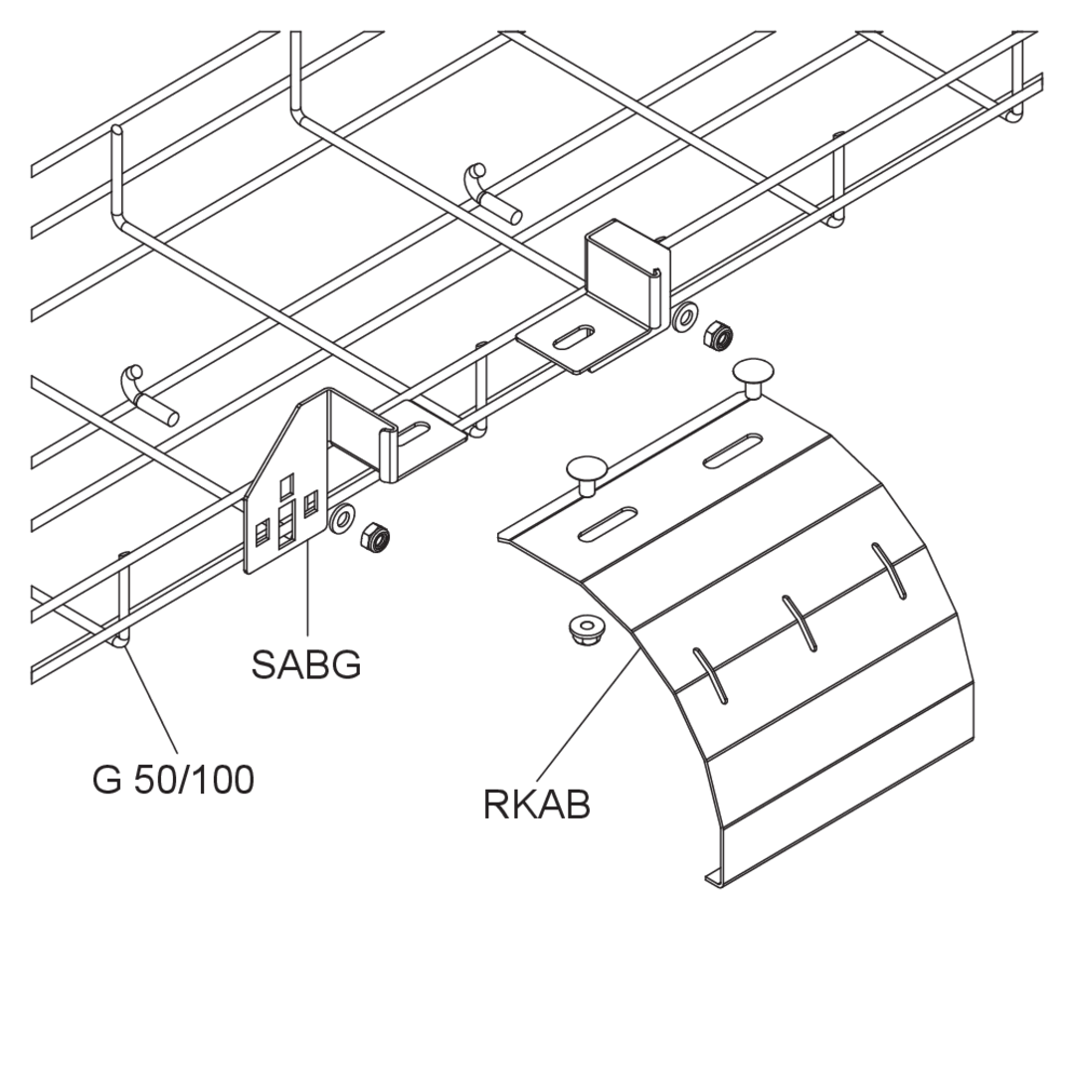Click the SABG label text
tap(305, 663)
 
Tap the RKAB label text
tap(536, 805)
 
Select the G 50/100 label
tap(173, 780)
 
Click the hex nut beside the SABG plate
tap(375, 537)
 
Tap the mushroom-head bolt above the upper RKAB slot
tap(754, 378)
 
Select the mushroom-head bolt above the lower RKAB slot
tap(588, 475)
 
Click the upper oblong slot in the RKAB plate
tap(733, 450)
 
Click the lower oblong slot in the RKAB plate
tap(608, 525)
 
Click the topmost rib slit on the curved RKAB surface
tap(889, 571)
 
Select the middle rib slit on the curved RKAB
tap(800, 623)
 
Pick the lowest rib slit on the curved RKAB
tap(711, 675)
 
